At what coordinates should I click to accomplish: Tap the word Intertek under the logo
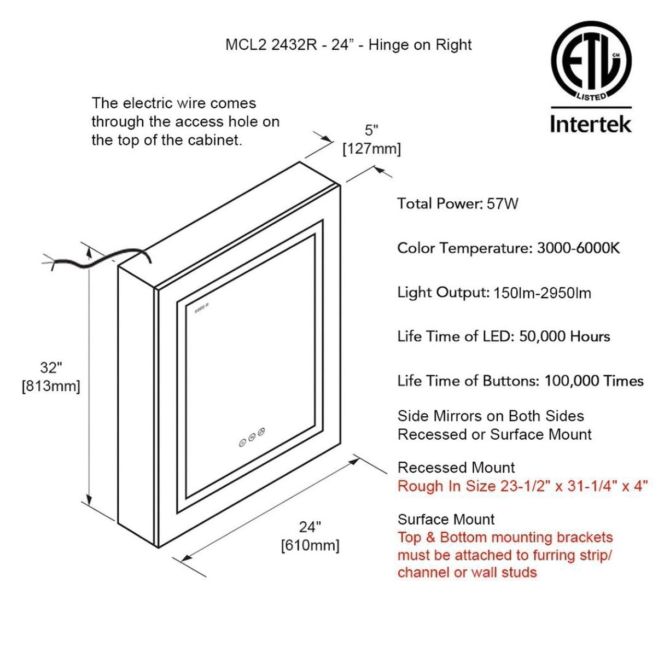591,124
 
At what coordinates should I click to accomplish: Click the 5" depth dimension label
371,130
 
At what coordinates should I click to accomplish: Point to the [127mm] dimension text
371,149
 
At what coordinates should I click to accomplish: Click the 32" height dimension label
51,368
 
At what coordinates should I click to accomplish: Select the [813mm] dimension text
51,386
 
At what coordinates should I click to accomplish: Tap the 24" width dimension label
310,527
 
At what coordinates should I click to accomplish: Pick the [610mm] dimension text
310,545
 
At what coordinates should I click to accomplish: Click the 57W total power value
503,204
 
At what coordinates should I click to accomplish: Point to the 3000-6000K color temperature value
578,248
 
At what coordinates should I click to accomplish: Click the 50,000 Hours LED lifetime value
564,336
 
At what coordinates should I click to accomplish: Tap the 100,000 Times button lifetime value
594,381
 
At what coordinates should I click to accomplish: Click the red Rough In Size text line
522,486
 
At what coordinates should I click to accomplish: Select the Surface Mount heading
446,519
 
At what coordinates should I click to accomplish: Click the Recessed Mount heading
456,468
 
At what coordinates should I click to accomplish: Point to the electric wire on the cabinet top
98,261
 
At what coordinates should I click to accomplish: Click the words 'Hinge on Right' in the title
420,45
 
